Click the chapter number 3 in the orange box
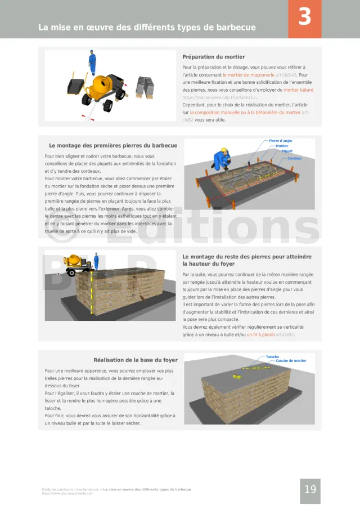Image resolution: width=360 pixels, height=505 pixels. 304,17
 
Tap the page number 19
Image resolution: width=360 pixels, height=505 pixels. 310,490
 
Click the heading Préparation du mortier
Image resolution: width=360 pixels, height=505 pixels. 213,57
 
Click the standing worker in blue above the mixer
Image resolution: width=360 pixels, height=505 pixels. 92,62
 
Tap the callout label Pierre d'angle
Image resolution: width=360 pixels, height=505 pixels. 280,141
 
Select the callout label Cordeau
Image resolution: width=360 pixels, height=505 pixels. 294,158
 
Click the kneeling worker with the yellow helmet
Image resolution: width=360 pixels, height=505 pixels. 221,159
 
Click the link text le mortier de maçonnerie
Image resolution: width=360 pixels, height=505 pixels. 249,74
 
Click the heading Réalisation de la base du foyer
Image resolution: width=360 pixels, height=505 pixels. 135,360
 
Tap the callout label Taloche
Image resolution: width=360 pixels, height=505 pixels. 272,356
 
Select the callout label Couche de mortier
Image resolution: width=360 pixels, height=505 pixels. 291,361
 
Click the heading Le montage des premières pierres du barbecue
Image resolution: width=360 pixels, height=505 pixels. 112,145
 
